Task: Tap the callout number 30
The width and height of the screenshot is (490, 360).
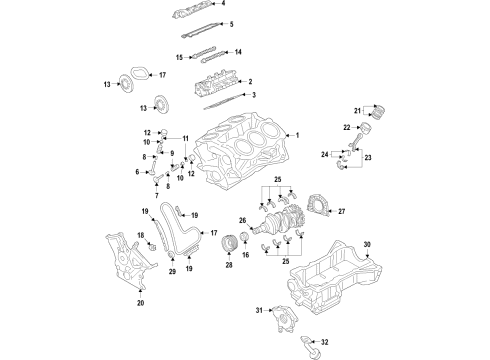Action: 366,245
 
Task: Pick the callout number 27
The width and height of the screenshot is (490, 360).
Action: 341,212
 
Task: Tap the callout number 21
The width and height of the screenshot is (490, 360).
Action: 356,109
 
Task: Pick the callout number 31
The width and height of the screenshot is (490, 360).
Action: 258,313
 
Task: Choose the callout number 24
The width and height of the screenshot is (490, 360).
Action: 325,153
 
